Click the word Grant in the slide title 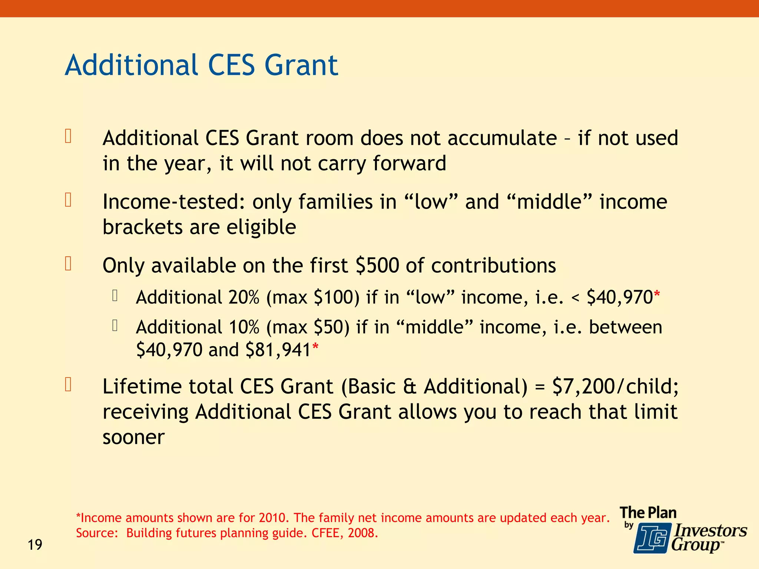click(301, 66)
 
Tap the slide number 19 click(35, 545)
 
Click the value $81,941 click(278, 350)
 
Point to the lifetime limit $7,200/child click(615, 387)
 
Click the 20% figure click(244, 297)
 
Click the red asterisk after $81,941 click(315, 347)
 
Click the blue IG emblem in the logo click(652, 538)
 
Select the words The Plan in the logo click(648, 513)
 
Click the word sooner click(133, 438)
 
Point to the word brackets click(143, 227)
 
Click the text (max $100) click(312, 297)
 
